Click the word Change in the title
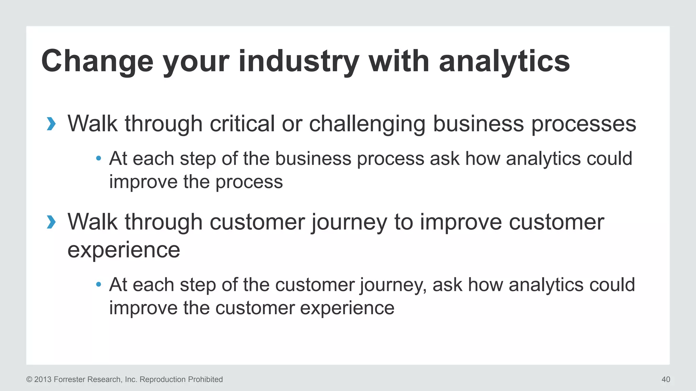97,62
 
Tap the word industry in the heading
299,62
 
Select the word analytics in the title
504,62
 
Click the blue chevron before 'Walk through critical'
51,124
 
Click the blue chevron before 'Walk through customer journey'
51,222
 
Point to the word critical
242,124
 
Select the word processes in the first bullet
584,124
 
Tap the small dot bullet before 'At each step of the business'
99,158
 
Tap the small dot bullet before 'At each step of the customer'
99,284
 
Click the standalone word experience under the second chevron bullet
124,250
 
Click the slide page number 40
666,379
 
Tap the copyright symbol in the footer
29,379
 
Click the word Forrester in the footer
70,379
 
